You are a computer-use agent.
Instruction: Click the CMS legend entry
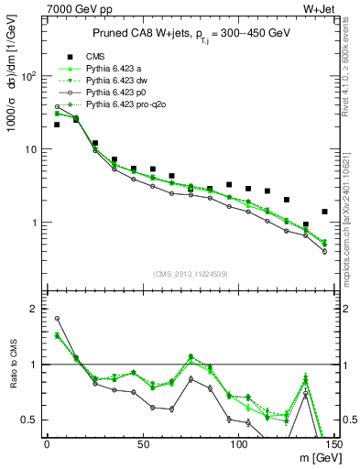coord(94,57)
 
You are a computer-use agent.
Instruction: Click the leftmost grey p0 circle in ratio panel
coord(57,319)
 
